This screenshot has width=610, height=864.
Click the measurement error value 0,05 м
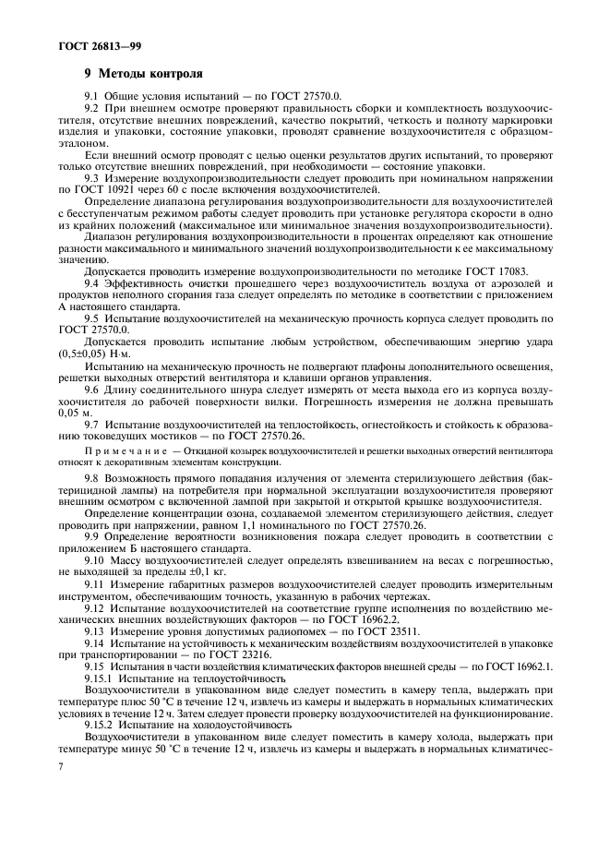click(x=78, y=414)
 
